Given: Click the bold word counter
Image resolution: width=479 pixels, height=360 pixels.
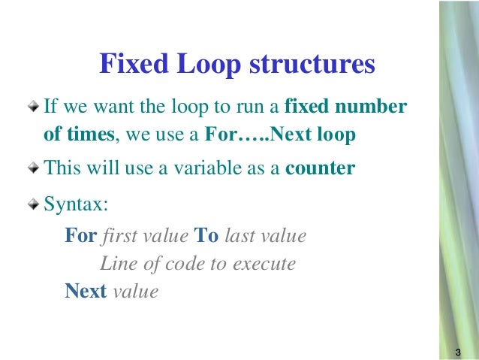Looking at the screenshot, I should click(x=320, y=168).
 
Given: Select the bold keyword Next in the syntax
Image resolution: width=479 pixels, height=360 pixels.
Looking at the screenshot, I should click(x=86, y=291).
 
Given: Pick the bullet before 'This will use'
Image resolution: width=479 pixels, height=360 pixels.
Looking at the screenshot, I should click(x=32, y=169).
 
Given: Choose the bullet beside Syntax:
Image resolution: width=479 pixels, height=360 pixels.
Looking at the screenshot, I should click(x=32, y=204).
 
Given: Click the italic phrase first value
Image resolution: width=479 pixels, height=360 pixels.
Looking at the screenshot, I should click(x=145, y=236).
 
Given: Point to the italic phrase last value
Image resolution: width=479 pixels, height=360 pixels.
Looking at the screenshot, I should click(x=266, y=236).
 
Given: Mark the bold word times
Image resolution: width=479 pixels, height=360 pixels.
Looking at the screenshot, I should click(x=89, y=136).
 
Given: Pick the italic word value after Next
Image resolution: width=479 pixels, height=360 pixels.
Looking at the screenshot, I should click(x=135, y=291).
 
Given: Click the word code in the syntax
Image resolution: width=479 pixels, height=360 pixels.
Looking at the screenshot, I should click(x=180, y=264).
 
